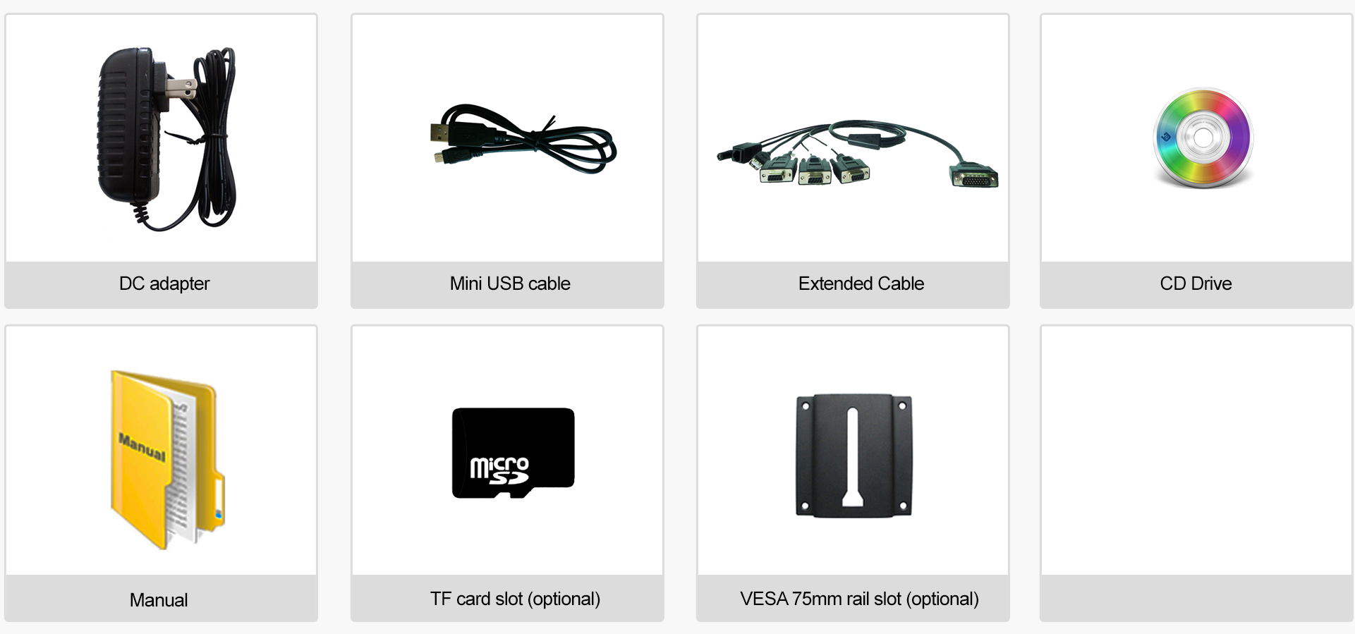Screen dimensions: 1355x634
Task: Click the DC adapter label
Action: [164, 284]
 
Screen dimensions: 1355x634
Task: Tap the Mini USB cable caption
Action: [510, 284]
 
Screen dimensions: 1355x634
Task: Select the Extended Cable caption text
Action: [861, 284]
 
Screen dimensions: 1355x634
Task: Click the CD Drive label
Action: [1196, 284]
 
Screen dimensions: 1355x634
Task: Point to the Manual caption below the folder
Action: [159, 600]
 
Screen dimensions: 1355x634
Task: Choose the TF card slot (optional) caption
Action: [515, 599]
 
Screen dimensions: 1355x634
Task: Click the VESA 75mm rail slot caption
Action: [859, 599]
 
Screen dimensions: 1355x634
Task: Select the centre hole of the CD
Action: [1203, 137]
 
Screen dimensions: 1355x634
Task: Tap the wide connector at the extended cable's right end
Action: [974, 176]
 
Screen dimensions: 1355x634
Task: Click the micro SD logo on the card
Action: [499, 470]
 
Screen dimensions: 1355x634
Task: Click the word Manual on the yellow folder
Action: [142, 447]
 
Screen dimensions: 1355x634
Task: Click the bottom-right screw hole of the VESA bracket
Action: [902, 506]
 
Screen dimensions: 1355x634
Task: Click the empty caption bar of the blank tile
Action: [1196, 599]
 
